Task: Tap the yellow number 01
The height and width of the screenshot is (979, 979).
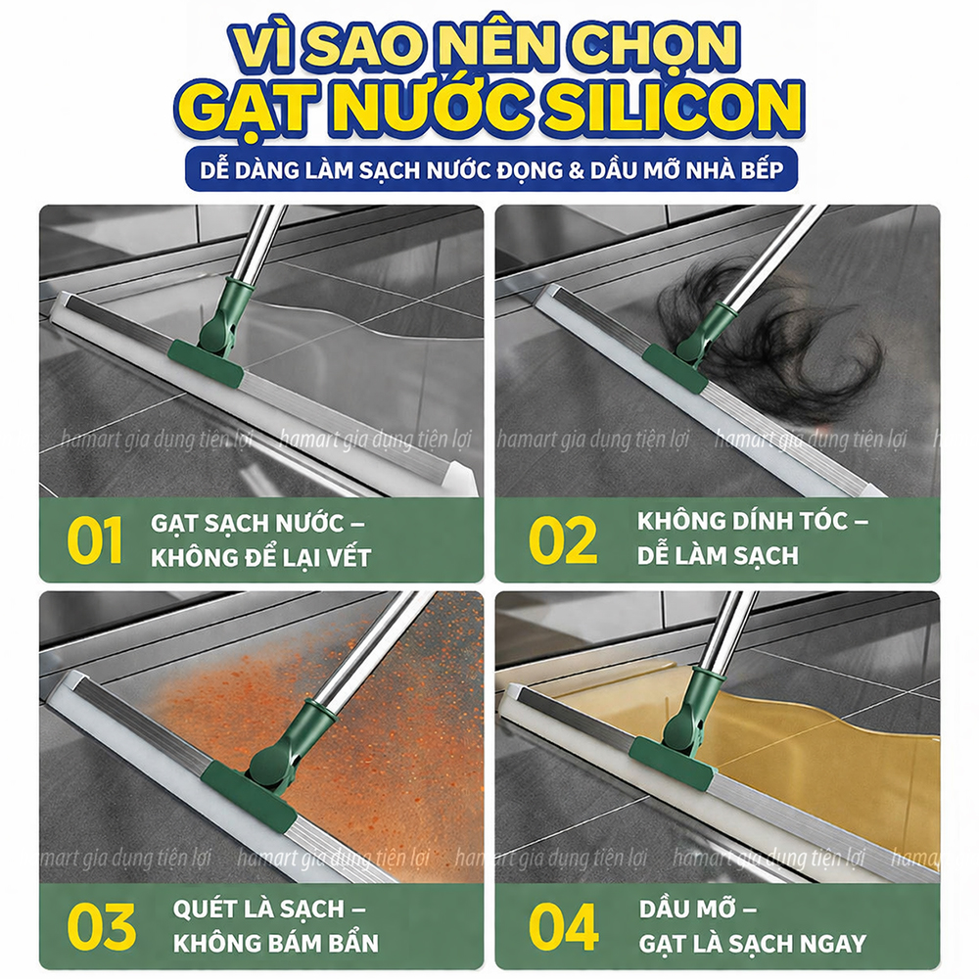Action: (x=96, y=539)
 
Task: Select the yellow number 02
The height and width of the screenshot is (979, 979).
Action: (x=562, y=539)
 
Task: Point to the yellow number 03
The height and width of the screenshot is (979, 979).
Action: (x=101, y=926)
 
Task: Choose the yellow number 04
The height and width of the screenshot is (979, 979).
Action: (x=563, y=926)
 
